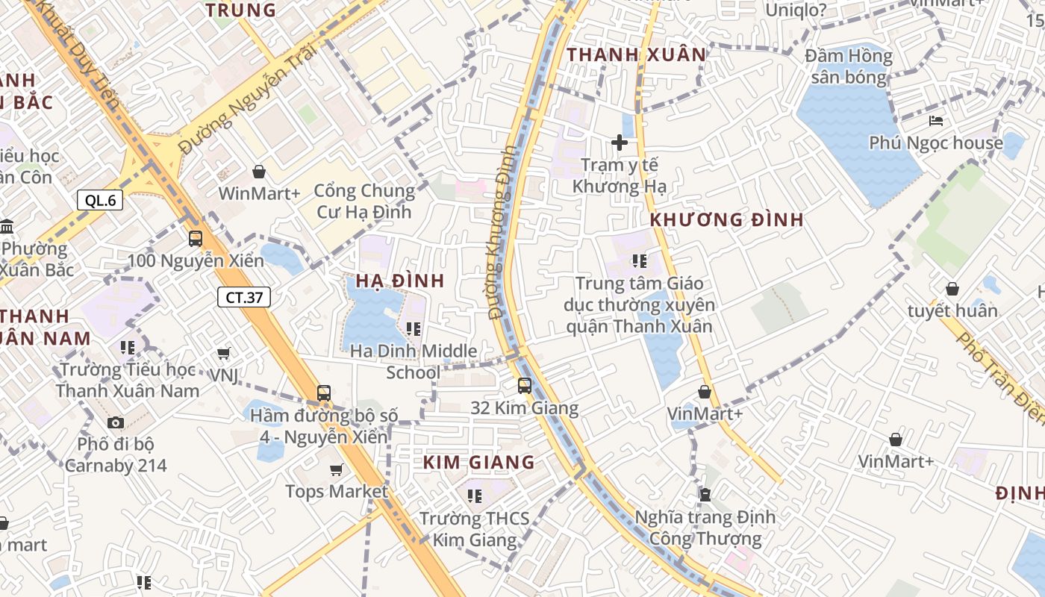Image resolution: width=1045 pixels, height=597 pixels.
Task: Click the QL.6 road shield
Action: coord(100,200)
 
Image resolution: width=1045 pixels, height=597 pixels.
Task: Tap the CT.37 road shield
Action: coord(243,297)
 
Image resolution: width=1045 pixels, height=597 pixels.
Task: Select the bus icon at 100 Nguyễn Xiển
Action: coord(196,239)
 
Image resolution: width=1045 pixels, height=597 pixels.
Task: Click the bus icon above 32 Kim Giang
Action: coord(525,386)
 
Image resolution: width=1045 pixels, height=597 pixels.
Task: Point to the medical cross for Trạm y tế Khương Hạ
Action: coord(619,142)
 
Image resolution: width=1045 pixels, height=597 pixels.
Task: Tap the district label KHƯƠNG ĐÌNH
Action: coord(726,220)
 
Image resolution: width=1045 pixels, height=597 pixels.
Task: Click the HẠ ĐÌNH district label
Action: coord(399,281)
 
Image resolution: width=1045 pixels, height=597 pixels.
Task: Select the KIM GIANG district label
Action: coord(478,463)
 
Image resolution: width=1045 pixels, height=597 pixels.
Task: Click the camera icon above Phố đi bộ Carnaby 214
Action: coord(115,423)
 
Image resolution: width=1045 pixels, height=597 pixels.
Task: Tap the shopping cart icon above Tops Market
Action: coord(337,469)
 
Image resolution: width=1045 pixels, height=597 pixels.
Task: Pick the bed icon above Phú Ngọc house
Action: coord(936,121)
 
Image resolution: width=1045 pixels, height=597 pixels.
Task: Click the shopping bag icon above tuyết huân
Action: coord(952,289)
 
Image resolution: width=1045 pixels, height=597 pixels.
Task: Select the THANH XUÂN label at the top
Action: coord(636,54)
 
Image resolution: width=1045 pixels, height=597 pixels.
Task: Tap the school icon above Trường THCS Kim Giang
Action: coord(475,496)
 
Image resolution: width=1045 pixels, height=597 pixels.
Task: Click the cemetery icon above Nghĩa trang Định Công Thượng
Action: coord(705,494)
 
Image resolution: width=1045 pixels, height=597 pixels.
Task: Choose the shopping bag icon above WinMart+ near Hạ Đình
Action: coord(259,172)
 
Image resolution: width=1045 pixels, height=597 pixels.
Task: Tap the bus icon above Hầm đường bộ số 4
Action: coord(324,393)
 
